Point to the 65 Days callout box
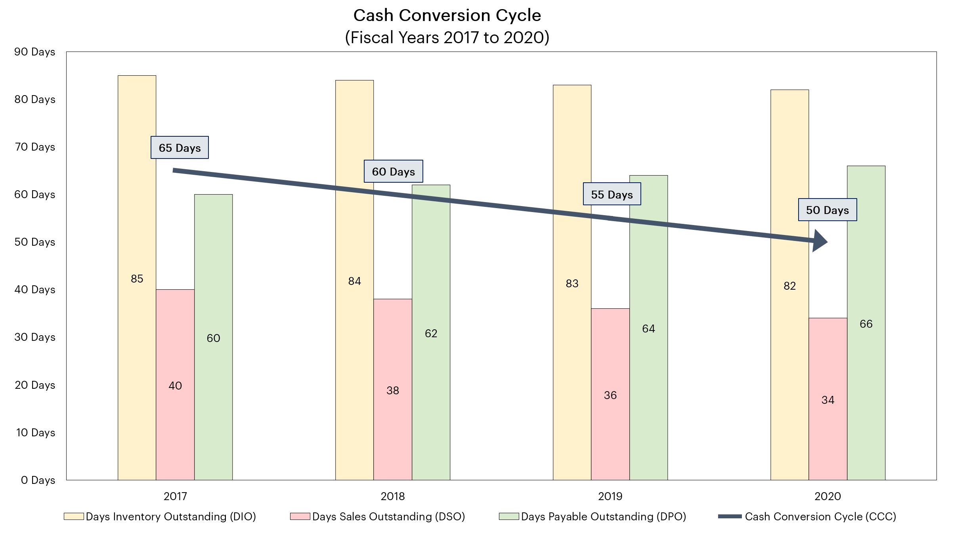(180, 148)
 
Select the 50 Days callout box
(827, 210)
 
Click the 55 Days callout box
(612, 194)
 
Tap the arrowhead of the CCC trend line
(820, 241)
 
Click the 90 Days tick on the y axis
(35, 52)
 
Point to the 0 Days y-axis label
(38, 480)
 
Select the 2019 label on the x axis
(610, 496)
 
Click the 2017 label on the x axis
(175, 496)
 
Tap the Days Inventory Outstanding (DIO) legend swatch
(74, 517)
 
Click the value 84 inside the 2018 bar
(354, 281)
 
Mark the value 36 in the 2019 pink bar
(610, 395)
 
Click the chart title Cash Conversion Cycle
(447, 16)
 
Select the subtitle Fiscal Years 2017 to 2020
(447, 38)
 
